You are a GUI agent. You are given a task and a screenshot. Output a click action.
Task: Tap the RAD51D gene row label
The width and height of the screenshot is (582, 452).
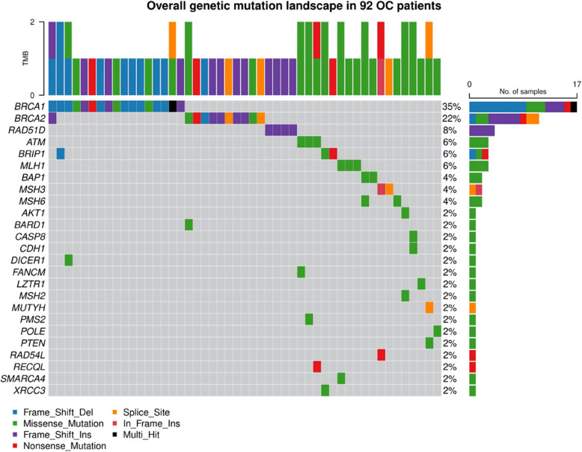coord(23,129)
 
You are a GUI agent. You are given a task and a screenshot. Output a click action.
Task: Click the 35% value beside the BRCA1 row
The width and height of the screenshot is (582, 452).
coord(450,106)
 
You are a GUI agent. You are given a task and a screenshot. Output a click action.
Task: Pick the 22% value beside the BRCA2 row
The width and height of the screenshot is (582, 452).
coord(450,117)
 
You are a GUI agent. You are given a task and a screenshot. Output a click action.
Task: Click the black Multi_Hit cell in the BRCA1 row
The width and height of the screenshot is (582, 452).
coord(173,106)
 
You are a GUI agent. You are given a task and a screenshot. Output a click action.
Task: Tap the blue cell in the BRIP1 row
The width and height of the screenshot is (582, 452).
coord(61,153)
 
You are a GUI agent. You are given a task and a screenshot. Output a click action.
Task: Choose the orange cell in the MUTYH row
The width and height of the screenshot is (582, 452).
coord(429,308)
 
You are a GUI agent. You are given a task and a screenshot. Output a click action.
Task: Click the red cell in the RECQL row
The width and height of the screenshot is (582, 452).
coord(317,367)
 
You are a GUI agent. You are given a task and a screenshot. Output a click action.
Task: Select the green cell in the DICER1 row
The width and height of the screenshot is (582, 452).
coord(69,260)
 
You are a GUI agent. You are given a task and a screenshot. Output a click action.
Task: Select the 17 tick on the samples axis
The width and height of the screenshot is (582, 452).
coord(572,84)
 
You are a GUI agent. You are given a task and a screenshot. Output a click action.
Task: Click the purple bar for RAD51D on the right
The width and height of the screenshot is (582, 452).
coord(481,129)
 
